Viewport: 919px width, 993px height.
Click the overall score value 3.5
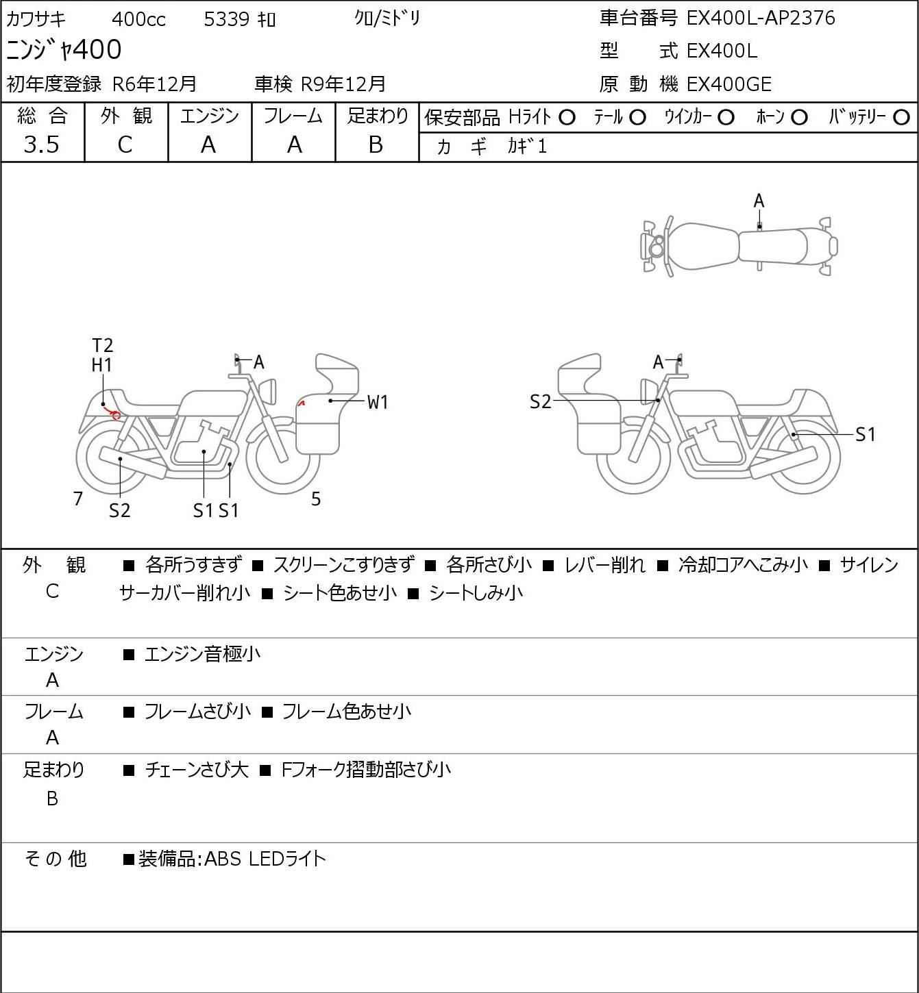point(42,144)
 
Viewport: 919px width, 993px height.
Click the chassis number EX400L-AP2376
point(760,18)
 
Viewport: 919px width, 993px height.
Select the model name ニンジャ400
point(64,49)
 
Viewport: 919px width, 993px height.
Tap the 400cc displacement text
point(138,19)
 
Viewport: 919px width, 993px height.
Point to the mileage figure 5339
point(227,19)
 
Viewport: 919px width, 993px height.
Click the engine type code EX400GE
point(728,84)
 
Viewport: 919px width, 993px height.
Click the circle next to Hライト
point(567,118)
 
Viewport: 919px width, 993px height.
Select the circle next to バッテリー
point(901,118)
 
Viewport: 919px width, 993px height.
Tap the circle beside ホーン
point(799,118)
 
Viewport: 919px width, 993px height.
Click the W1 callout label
point(378,402)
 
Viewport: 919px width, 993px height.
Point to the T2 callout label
point(103,345)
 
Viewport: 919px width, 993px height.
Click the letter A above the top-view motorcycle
point(759,201)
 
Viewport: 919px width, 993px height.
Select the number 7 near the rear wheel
point(77,499)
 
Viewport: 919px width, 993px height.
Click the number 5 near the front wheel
point(316,499)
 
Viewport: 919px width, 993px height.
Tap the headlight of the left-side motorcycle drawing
point(269,391)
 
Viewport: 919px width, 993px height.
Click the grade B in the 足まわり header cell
point(376,144)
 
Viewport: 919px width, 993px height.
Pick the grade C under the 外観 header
point(125,145)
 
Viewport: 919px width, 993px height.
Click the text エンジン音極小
point(202,654)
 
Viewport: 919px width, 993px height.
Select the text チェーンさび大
point(197,770)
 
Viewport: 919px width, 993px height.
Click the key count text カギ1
point(527,147)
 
